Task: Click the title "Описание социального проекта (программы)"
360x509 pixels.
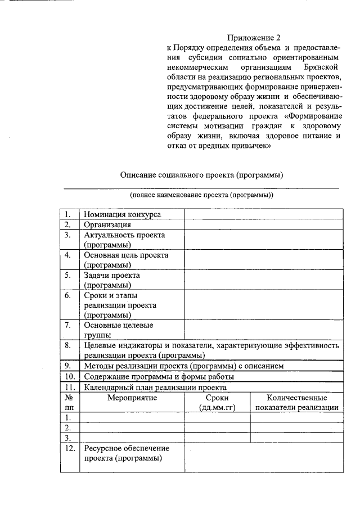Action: tap(201, 174)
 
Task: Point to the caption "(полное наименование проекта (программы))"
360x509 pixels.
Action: tap(201, 195)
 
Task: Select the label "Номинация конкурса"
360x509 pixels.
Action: tap(122, 214)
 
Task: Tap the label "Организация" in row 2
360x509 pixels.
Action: tap(107, 224)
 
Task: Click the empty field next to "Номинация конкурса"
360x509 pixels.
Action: tap(264, 214)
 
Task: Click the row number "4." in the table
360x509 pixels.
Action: tap(67, 255)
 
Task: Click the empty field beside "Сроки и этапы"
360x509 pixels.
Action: tap(264, 305)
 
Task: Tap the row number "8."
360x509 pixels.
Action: tap(67, 345)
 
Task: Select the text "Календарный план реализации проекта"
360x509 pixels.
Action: tap(155, 387)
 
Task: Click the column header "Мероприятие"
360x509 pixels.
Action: tap(132, 398)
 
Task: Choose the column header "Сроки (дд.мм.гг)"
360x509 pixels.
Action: tap(217, 403)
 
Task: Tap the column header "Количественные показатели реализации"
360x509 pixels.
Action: tap(297, 403)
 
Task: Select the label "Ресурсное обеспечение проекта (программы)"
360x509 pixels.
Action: tap(126, 453)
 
